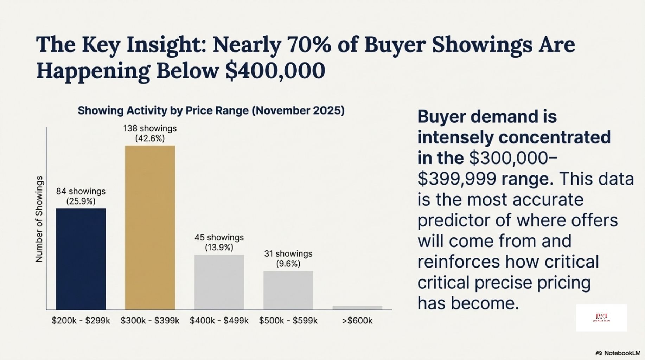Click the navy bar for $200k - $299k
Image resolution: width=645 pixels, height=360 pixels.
pyautogui.click(x=81, y=259)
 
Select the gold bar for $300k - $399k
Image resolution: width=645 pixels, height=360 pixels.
pyautogui.click(x=150, y=227)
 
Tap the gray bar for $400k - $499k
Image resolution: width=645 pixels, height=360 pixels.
pyautogui.click(x=219, y=282)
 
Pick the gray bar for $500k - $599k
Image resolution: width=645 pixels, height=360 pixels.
pyautogui.click(x=288, y=290)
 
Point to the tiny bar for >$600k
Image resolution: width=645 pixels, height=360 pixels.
pyautogui.click(x=357, y=308)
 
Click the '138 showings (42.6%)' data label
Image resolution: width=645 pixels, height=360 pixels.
pyautogui.click(x=150, y=133)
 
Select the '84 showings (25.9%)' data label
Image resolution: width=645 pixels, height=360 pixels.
pyautogui.click(x=81, y=196)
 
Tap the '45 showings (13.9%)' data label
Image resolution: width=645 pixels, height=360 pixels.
pyautogui.click(x=219, y=242)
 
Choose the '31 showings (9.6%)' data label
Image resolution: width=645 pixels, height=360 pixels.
pyautogui.click(x=288, y=258)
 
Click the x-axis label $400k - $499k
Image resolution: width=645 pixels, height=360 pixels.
pyautogui.click(x=219, y=321)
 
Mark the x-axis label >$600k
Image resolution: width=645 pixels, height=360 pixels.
pyautogui.click(x=357, y=321)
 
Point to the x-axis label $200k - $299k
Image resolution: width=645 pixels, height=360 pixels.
pyautogui.click(x=81, y=321)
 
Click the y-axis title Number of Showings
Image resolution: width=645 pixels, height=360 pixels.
pyautogui.click(x=39, y=219)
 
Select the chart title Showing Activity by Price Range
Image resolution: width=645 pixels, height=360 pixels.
pyautogui.click(x=211, y=111)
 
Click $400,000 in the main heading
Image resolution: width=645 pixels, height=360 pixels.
pyautogui.click(x=275, y=71)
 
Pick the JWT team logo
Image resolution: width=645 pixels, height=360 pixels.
pyautogui.click(x=601, y=318)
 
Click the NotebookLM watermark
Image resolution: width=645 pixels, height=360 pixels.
pyautogui.click(x=618, y=353)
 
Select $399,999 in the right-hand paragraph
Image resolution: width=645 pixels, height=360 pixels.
pyautogui.click(x=456, y=179)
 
